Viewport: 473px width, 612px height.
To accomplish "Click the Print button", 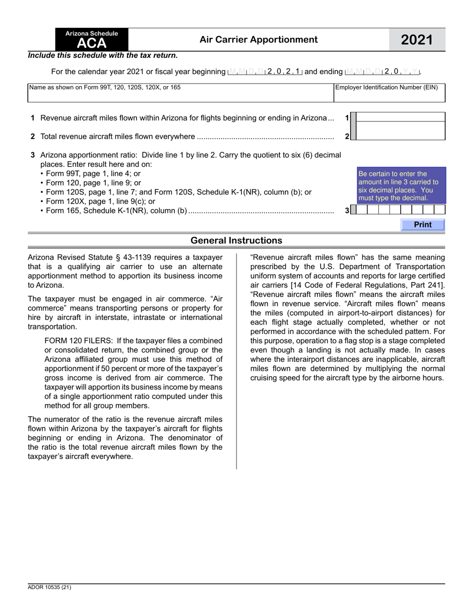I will click(x=423, y=225).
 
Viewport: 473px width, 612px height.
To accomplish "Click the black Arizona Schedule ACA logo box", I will click(x=92, y=39).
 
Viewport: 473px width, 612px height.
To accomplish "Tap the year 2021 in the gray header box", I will click(x=417, y=40).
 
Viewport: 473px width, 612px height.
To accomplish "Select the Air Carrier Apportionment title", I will click(x=258, y=39).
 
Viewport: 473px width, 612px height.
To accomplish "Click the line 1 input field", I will click(x=401, y=118).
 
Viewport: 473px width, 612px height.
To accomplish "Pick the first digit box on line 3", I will click(x=362, y=210).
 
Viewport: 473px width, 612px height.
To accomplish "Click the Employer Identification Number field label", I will click(x=386, y=88).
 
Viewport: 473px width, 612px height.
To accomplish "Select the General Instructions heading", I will click(x=236, y=241).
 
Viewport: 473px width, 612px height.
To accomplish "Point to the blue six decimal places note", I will click(x=398, y=186).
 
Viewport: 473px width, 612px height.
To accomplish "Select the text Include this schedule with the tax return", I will click(x=103, y=56).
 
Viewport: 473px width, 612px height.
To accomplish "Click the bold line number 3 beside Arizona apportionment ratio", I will click(x=32, y=155).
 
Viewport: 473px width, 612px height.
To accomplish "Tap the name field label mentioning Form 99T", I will click(x=105, y=88).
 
